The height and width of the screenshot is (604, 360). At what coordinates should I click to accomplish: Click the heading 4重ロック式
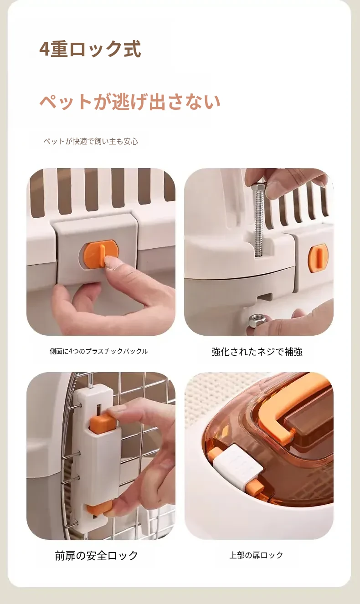pos(90,49)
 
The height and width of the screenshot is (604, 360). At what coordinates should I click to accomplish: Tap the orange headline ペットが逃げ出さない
pos(130,102)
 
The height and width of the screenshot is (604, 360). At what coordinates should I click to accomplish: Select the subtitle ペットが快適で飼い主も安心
pos(91,141)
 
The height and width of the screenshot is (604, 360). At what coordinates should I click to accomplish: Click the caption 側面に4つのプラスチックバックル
pos(99,351)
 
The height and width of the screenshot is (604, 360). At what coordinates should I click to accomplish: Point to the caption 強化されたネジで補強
pos(257,352)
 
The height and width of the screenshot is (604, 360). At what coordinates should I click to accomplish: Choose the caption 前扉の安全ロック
pos(96,555)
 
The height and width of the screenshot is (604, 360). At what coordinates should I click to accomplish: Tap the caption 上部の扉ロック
pos(256,555)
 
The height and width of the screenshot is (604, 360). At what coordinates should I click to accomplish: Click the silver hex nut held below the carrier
pos(257,320)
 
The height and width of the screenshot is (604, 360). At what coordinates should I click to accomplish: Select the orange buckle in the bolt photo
pos(318,258)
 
